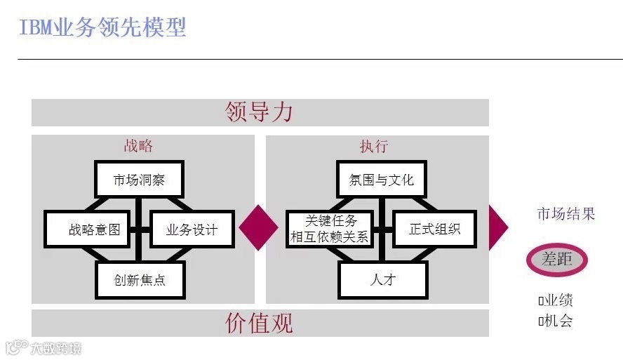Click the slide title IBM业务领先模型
[x=102, y=28]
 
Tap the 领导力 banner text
[x=259, y=112]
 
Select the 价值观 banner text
[x=259, y=323]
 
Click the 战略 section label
[x=138, y=146]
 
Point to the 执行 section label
[x=373, y=146]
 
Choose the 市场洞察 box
[x=139, y=180]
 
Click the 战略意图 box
[x=88, y=229]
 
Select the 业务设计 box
[x=192, y=229]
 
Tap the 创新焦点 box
[x=140, y=280]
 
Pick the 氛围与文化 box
[x=382, y=180]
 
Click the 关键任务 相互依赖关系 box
[x=330, y=229]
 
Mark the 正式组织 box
[x=434, y=229]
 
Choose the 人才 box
[x=383, y=280]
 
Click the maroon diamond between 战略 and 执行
[x=260, y=227]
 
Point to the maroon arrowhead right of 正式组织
[x=497, y=227]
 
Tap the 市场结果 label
[x=565, y=214]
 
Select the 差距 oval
[x=557, y=260]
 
